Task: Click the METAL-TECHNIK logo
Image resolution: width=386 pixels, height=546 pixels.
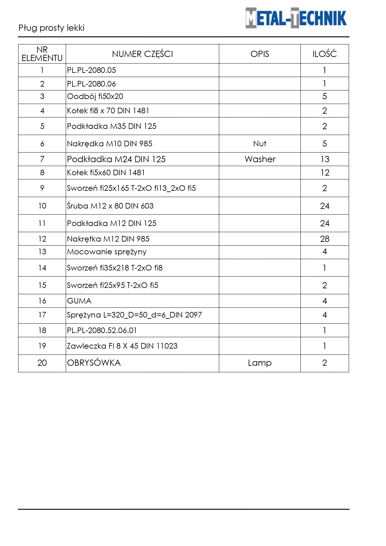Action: point(296,18)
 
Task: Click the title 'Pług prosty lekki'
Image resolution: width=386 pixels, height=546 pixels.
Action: point(52,28)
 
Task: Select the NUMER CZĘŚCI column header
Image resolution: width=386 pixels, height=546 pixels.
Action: point(142,54)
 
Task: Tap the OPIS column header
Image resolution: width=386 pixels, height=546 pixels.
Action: point(260,54)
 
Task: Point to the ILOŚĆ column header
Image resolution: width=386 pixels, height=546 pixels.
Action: point(324,54)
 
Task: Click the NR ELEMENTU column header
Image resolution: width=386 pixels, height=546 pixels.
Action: point(42,54)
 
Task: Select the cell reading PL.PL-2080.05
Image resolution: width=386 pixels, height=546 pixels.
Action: point(91,70)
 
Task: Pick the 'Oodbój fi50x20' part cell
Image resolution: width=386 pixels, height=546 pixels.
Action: point(95,96)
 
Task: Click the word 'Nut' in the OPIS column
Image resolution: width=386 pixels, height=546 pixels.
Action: point(260,144)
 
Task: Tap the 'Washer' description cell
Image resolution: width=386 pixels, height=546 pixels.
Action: point(260,159)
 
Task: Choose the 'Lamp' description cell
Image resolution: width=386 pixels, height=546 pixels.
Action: point(260,363)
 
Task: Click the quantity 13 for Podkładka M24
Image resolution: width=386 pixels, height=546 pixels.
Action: point(325,159)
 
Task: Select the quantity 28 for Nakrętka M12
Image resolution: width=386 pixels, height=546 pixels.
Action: point(325,239)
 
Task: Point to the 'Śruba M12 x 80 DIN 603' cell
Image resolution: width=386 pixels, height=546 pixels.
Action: point(110,206)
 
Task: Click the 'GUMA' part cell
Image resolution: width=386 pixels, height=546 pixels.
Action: point(79,301)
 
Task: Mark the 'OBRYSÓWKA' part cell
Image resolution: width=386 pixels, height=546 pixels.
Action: point(94,363)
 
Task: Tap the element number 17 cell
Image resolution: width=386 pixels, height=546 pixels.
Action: point(42,315)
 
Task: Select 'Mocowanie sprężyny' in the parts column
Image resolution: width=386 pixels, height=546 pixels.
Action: point(107,252)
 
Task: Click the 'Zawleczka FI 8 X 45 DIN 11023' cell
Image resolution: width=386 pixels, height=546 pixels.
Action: point(122,346)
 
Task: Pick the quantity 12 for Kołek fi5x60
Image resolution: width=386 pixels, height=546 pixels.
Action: point(325,173)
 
